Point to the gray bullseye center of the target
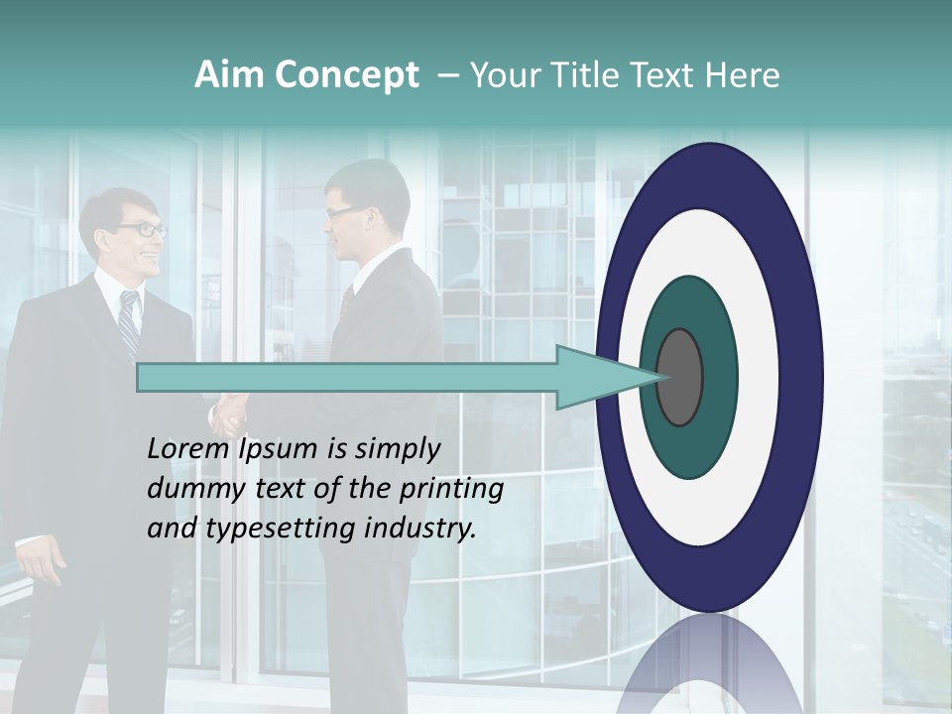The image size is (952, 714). [x=679, y=378]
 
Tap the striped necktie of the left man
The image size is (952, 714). [x=129, y=322]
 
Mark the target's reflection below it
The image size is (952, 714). [x=709, y=664]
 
